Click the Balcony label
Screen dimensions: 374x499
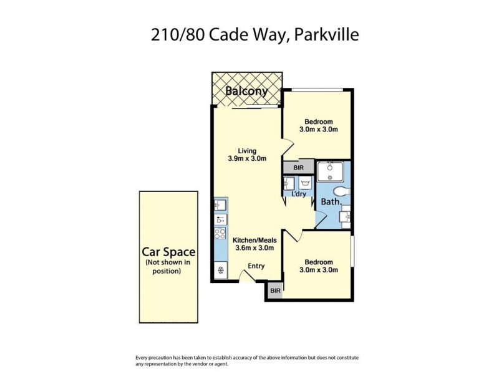pyautogui.click(x=246, y=91)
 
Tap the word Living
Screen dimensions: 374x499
pyautogui.click(x=247, y=150)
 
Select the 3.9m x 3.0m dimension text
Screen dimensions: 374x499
pyautogui.click(x=247, y=158)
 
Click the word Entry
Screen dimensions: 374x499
pyautogui.click(x=256, y=266)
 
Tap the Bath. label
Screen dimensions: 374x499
pyautogui.click(x=330, y=202)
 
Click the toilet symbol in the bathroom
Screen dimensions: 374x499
pyautogui.click(x=340, y=191)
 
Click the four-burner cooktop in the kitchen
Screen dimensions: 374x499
pyautogui.click(x=220, y=234)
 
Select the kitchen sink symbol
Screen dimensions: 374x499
pyautogui.click(x=220, y=204)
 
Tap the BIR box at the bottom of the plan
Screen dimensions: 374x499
pyautogui.click(x=275, y=290)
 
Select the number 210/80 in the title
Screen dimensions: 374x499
pyautogui.click(x=174, y=34)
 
